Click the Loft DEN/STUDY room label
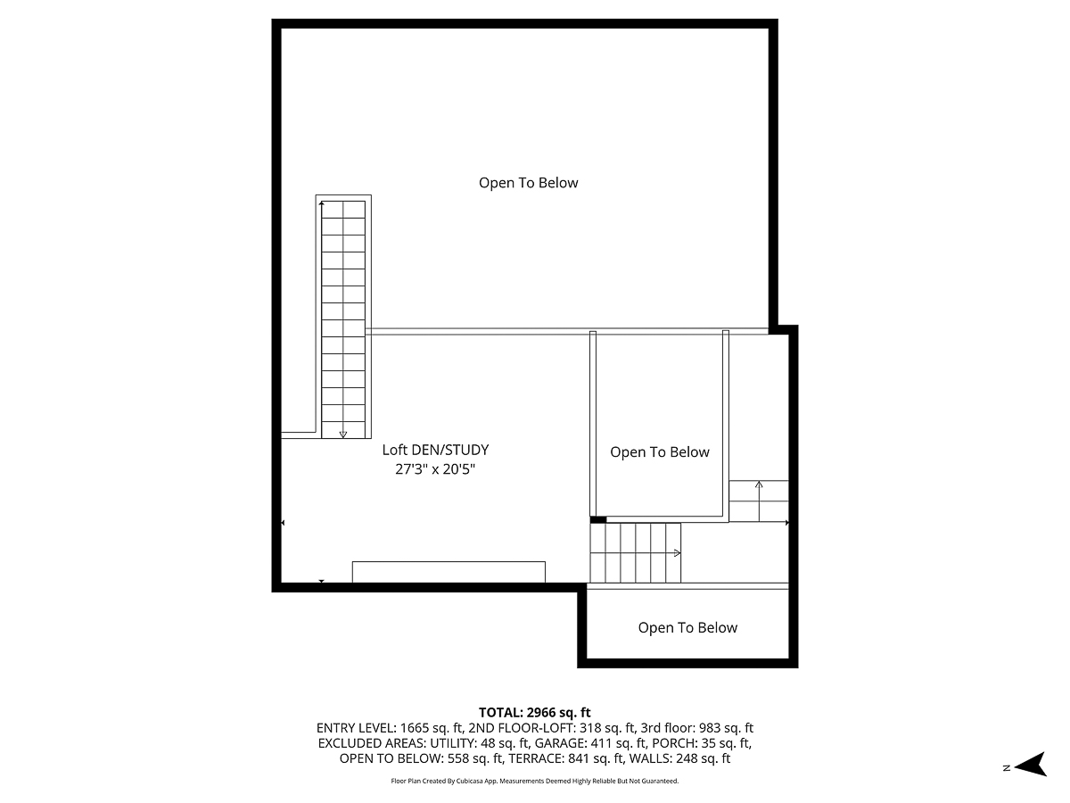[x=435, y=451]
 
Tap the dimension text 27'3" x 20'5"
[x=435, y=469]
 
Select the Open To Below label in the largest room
[x=529, y=183]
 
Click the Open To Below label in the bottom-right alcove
[x=687, y=628]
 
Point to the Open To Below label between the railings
[x=660, y=452]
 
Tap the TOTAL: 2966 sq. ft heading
[x=535, y=712]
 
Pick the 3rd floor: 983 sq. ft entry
[x=696, y=728]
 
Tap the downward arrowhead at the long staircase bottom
[x=343, y=435]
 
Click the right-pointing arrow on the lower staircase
[x=677, y=553]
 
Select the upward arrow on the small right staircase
[x=759, y=485]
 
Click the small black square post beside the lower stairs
[x=598, y=519]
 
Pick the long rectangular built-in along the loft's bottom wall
[x=449, y=571]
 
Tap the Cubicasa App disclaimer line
[x=535, y=781]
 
